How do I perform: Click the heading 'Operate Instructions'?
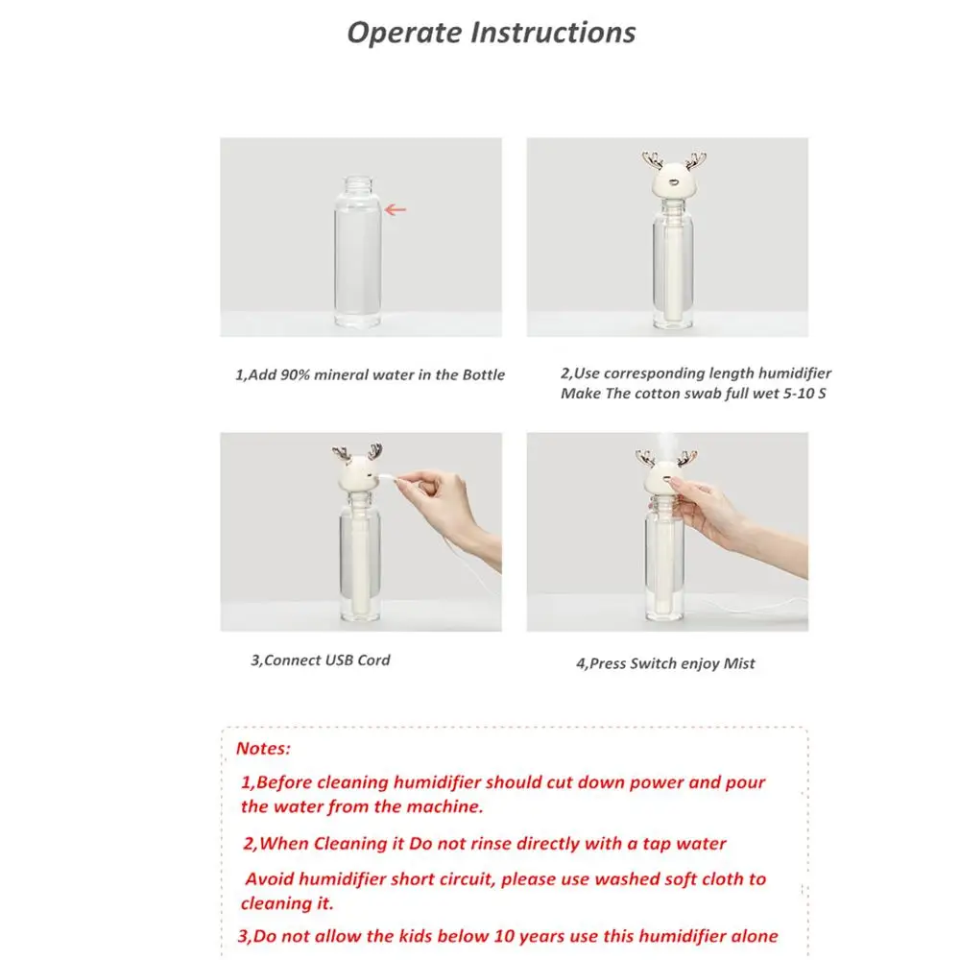(491, 32)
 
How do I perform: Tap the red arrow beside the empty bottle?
(395, 209)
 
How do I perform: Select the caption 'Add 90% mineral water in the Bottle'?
(370, 374)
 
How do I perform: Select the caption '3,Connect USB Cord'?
(321, 660)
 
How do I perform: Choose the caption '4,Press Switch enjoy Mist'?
(665, 663)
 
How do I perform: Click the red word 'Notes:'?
(263, 748)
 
